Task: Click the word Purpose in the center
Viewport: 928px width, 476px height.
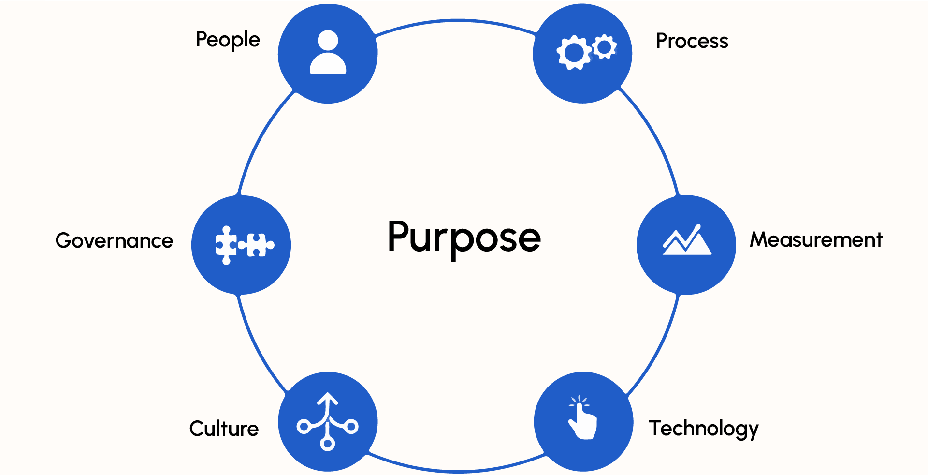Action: tap(464, 238)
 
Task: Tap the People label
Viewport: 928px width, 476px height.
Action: tap(228, 40)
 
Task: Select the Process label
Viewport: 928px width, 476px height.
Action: tap(692, 41)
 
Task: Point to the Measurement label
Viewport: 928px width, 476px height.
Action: tap(816, 239)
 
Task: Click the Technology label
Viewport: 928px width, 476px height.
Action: tap(703, 429)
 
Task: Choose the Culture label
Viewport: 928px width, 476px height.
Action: tap(224, 429)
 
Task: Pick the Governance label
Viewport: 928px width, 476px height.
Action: tap(114, 240)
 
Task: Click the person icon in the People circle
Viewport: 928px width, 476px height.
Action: tap(328, 52)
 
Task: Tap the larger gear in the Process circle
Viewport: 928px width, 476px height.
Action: tap(574, 52)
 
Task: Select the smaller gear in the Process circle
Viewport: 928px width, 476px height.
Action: tap(604, 47)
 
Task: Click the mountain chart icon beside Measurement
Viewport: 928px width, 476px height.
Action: tap(687, 239)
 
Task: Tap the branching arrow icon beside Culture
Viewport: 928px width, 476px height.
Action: tap(328, 421)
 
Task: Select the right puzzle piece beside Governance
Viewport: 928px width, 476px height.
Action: tap(257, 245)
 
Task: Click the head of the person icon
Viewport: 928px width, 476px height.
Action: tap(328, 40)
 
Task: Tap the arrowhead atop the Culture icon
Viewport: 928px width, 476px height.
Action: tap(328, 399)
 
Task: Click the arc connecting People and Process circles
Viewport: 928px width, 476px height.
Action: tap(456, 21)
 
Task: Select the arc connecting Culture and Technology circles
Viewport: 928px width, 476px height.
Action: tap(456, 471)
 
